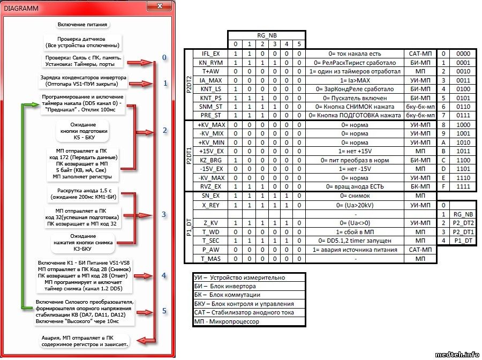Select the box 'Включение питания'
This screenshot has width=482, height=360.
(x=82, y=25)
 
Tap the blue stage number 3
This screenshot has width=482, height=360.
(x=164, y=214)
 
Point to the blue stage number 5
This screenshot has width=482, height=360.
(x=164, y=311)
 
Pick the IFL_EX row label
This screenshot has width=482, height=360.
(x=210, y=54)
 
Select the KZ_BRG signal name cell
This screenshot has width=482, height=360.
(x=210, y=160)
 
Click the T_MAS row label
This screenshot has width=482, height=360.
(x=210, y=258)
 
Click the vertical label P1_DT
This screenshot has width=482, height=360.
(x=189, y=227)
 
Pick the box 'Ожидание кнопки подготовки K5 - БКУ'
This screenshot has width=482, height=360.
(x=84, y=131)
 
